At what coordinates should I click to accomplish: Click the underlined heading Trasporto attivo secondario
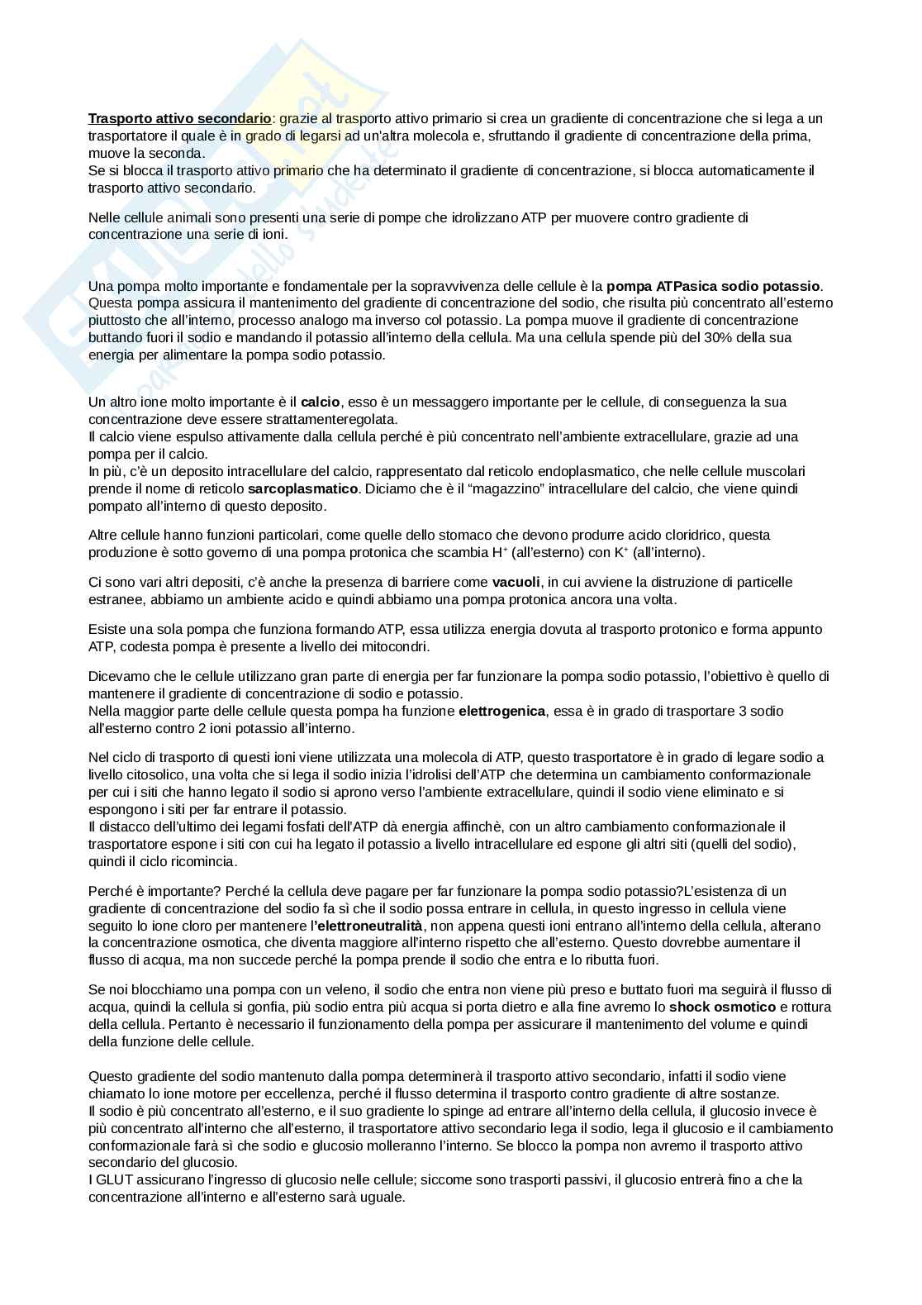point(179,118)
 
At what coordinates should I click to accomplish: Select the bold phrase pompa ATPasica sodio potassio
point(713,286)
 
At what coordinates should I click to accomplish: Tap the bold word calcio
point(321,402)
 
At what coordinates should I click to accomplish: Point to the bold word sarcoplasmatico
point(303,488)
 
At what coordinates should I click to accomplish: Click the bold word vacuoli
point(516,582)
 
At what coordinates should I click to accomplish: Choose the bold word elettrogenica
point(501,711)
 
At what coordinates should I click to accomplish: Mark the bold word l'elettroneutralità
point(366,925)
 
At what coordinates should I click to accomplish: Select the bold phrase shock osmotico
point(722,1007)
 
